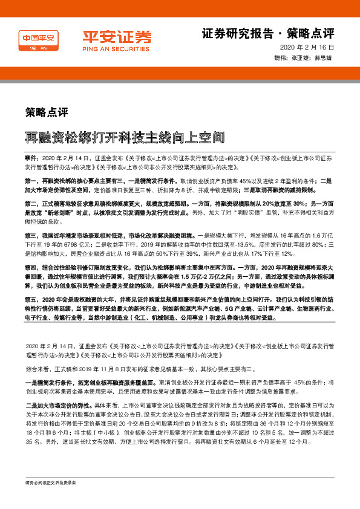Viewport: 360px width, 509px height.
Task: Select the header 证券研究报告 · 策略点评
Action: tap(267, 33)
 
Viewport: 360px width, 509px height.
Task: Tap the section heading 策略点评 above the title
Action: tap(46, 112)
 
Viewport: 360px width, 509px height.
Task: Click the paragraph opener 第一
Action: tap(31, 181)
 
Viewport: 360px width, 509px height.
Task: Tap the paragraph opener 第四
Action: tap(31, 266)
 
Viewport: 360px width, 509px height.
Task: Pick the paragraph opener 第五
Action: tap(31, 298)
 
